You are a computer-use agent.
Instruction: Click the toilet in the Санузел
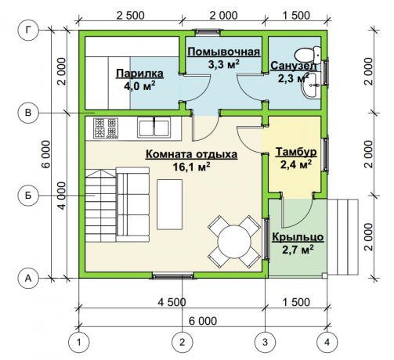point(308,54)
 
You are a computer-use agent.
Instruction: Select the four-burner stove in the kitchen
point(106,128)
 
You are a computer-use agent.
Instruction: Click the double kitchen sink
point(154,127)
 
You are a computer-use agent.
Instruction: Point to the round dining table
point(234,241)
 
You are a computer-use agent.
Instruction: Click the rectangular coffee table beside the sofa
point(169,204)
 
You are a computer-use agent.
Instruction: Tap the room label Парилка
point(139,74)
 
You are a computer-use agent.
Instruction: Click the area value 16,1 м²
point(191,166)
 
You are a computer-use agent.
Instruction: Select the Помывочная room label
point(224,52)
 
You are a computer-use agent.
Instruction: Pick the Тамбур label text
point(296,152)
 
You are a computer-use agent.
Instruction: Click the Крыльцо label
point(298,237)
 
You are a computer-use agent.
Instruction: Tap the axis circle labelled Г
point(28,31)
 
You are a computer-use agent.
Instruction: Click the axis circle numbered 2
point(182,342)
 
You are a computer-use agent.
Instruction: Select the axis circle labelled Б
point(28,196)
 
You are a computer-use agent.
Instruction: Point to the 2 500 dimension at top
point(130,16)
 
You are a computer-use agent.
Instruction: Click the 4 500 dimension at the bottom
point(172,302)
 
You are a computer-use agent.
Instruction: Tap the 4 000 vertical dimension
point(62,196)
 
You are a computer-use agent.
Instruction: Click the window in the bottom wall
point(172,275)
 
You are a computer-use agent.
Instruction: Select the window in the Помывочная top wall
point(208,31)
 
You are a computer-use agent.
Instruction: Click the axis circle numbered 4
point(327,342)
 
